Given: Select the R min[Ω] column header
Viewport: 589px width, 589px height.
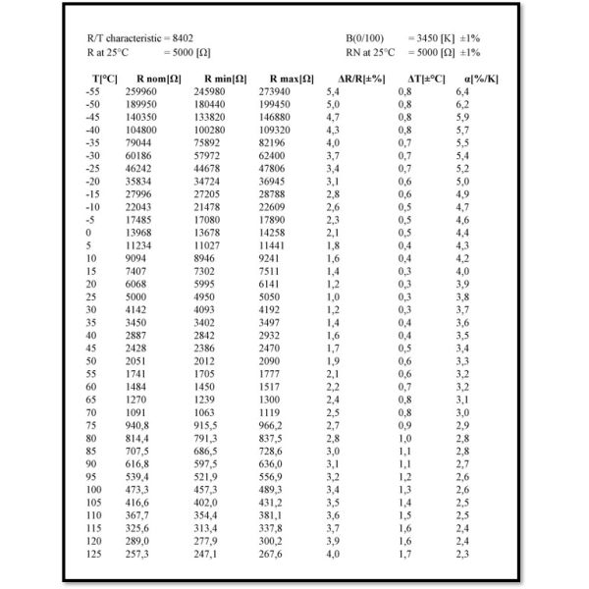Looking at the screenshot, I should pyautogui.click(x=225, y=78).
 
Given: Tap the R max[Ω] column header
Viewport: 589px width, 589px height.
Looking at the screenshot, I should pyautogui.click(x=292, y=78).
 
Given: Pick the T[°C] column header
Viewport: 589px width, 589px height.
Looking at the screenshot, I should pyautogui.click(x=104, y=78).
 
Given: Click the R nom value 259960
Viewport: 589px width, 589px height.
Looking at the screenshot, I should pyautogui.click(x=143, y=90).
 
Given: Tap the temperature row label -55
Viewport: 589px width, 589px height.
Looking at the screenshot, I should pyautogui.click(x=94, y=90).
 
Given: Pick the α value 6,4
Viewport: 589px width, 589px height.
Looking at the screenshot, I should pyautogui.click(x=462, y=90).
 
